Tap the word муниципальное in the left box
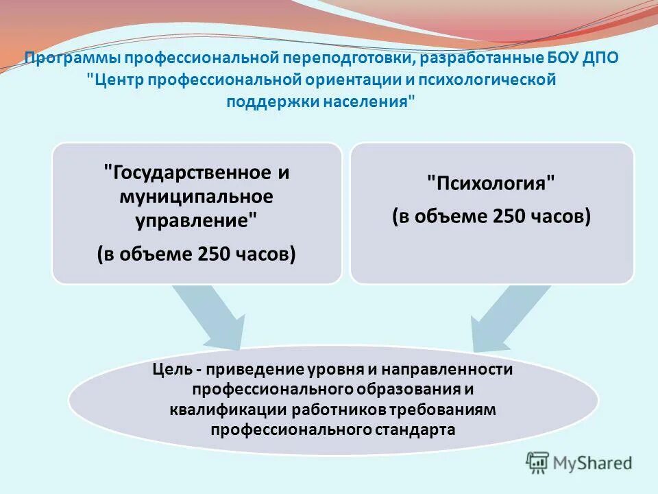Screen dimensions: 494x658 pos(196,196)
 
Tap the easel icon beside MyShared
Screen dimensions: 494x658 pos(538,463)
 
